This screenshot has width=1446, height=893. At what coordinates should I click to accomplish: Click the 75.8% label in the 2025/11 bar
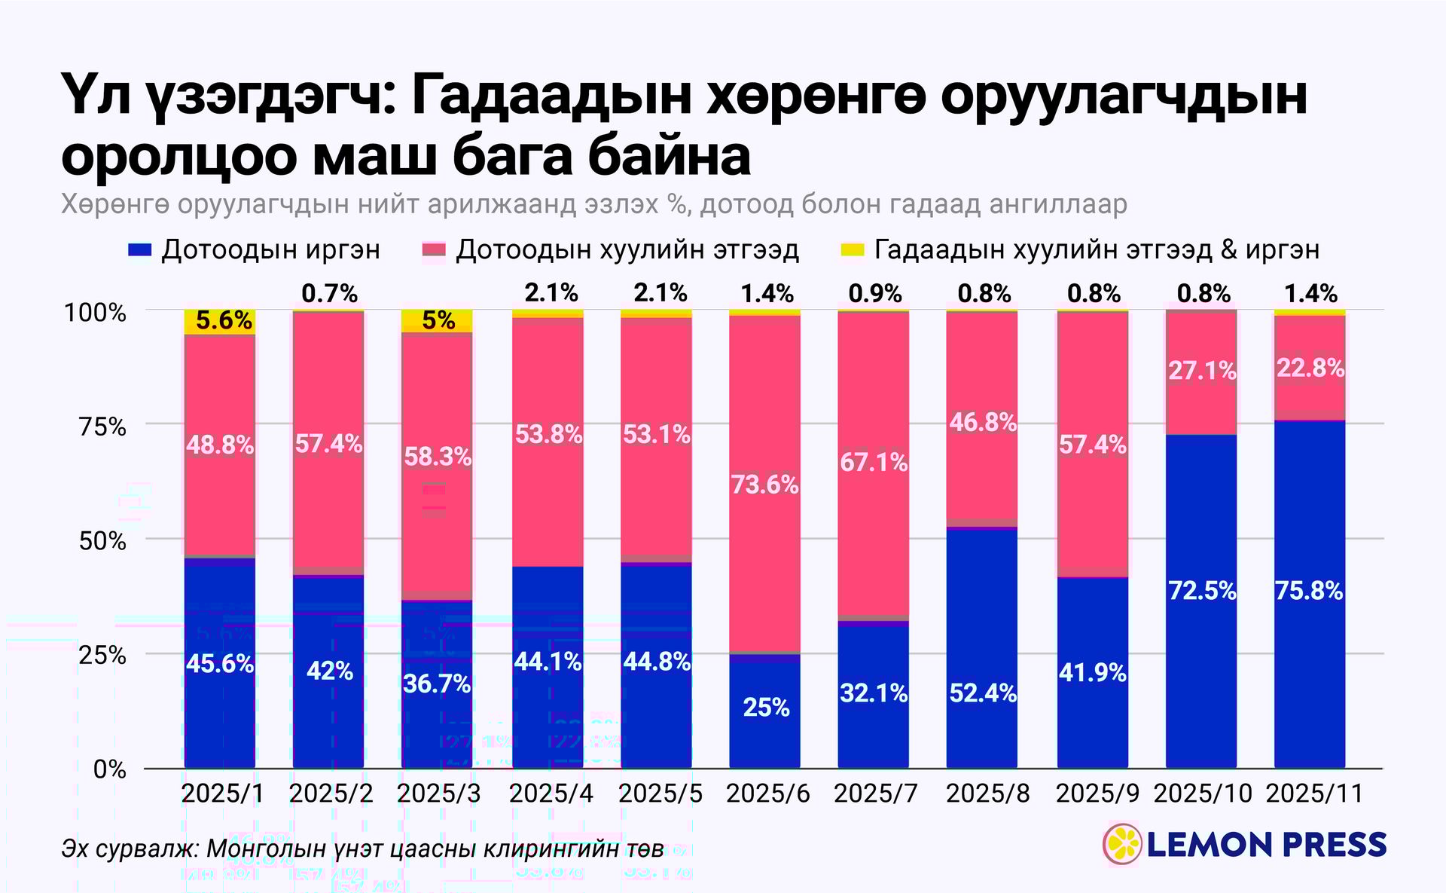tap(1309, 591)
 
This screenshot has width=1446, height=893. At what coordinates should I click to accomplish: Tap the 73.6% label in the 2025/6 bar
tap(764, 485)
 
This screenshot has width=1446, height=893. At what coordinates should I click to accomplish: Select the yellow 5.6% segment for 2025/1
tap(220, 322)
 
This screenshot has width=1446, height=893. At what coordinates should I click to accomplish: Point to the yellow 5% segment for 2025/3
tap(438, 321)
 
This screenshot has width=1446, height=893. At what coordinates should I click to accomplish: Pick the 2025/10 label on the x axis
tap(1203, 794)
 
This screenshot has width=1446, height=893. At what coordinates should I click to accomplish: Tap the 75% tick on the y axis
tap(103, 427)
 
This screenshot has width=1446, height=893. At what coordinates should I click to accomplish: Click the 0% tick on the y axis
tap(110, 769)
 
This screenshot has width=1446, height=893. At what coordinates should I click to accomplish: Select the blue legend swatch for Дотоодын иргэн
tap(141, 250)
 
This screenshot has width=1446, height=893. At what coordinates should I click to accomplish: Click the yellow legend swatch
tap(852, 250)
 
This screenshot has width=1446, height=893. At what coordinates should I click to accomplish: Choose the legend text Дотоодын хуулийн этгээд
tap(627, 250)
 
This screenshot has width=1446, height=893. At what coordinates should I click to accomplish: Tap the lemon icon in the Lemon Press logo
tap(1122, 844)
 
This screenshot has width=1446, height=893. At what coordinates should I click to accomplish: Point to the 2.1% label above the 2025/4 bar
tap(551, 292)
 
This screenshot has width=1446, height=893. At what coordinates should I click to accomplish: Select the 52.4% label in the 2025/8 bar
tap(983, 693)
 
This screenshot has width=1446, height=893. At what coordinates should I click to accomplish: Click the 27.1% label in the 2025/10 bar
tap(1202, 371)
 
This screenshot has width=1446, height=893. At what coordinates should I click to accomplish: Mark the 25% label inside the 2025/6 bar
tap(766, 708)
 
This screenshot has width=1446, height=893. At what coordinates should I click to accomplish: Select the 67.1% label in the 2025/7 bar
tap(874, 462)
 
